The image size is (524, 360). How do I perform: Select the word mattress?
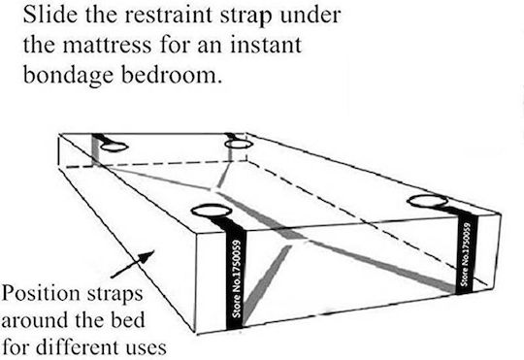pos(108,46)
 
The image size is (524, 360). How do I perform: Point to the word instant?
pos(266,44)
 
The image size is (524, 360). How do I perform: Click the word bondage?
pos(69,74)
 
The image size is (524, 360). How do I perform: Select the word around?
pos(35,320)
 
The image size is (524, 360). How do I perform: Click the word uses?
pos(147,348)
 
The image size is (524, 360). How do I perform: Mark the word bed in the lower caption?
pos(128,319)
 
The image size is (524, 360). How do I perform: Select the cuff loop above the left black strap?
pos(212,211)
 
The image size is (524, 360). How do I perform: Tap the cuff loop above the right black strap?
pos(428,201)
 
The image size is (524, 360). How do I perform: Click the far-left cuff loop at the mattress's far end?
pos(115,147)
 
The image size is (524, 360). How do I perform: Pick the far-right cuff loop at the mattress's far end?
pos(238,144)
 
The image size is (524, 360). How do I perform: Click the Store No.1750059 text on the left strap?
pos(237,278)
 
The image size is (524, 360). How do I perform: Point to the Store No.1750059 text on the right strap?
pos(466,254)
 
